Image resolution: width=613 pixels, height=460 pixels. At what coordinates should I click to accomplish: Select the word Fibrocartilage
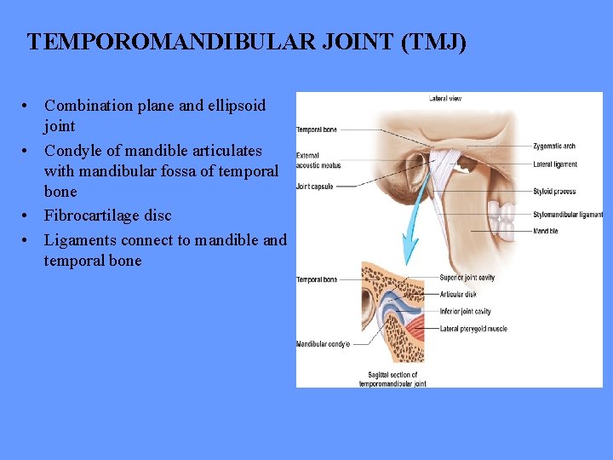pos(95,216)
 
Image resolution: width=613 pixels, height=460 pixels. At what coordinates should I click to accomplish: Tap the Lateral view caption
pos(444,99)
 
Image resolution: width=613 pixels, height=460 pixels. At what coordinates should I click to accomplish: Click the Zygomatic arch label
pos(556,147)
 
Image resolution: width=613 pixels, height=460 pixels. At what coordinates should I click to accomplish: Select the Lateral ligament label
pos(555,164)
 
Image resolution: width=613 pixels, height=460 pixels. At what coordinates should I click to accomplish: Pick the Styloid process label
pos(555,192)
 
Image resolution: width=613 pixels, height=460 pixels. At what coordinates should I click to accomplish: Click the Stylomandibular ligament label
pos(568,215)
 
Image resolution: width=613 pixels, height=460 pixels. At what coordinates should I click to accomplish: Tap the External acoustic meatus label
pos(318,160)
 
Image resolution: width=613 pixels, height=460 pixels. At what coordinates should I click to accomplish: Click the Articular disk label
pos(460,295)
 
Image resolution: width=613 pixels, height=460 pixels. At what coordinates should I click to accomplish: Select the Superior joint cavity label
pos(467,278)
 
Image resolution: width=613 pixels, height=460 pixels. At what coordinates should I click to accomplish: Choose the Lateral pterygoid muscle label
pos(473,328)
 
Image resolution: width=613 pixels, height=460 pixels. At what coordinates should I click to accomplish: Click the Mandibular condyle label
pos(323,344)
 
